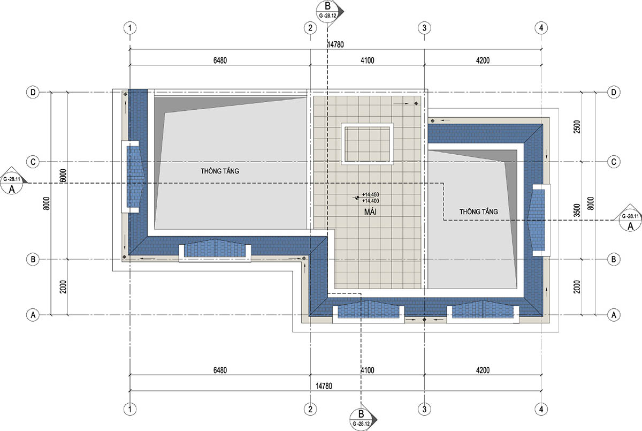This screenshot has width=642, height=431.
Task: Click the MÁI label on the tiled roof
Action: point(370,211)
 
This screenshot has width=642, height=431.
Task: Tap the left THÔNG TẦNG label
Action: point(220,171)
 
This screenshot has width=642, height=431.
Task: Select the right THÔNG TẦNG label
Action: point(479,211)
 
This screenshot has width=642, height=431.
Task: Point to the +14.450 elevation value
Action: point(371,195)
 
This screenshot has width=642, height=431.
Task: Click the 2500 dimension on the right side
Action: point(577,127)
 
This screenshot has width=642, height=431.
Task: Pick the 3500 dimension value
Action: point(577,210)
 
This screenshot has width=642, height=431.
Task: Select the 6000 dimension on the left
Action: point(63,176)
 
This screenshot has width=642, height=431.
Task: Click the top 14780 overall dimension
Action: point(335,44)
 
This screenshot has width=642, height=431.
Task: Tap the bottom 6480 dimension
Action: point(220,370)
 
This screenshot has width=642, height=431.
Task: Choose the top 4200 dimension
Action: point(483,60)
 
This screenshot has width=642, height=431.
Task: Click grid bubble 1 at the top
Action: point(130,28)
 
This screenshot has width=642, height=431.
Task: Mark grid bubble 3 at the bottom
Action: point(424,409)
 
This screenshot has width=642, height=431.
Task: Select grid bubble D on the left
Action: point(33,92)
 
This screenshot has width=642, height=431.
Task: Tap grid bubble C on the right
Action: point(614,162)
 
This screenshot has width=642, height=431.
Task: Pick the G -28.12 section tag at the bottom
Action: point(361,424)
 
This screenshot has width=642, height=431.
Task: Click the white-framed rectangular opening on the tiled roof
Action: point(367,144)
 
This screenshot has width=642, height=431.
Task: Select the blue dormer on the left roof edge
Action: point(133,177)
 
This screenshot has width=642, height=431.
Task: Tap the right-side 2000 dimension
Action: point(577,287)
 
